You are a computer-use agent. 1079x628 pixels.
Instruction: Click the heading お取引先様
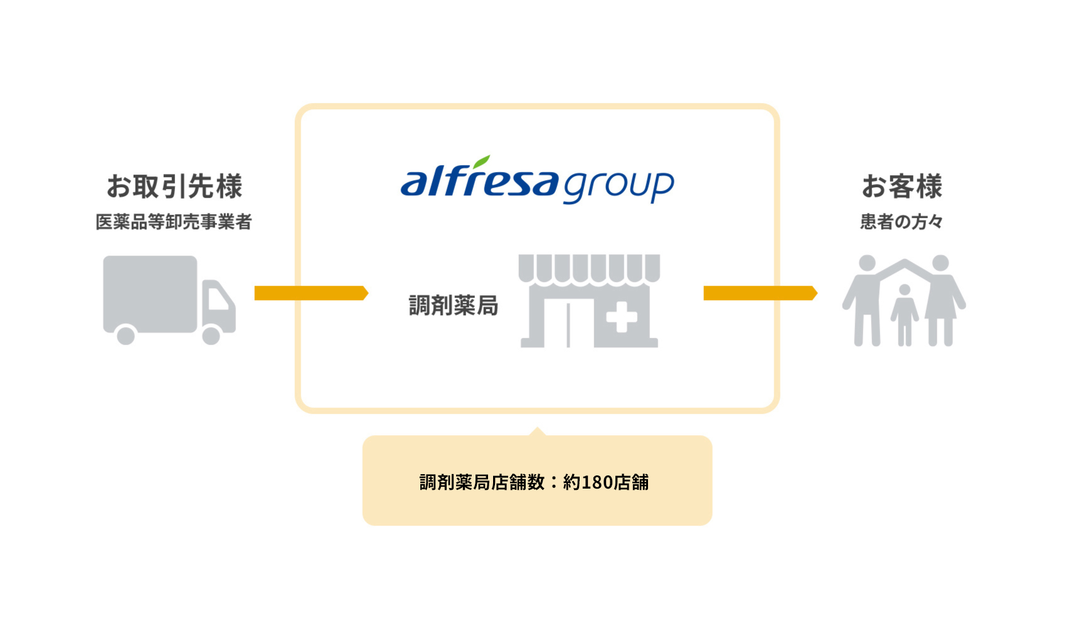[174, 186]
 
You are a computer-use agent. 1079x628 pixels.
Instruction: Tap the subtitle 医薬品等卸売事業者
[173, 222]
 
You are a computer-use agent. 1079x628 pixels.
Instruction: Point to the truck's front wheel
[211, 335]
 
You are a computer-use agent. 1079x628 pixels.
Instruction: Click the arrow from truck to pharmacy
[311, 293]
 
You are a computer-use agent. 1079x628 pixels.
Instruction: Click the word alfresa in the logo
[479, 181]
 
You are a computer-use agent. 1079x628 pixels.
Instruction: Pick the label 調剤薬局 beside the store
[454, 305]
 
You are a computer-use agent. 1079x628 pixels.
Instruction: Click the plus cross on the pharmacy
[621, 317]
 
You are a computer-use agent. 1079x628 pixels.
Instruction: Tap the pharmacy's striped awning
[589, 268]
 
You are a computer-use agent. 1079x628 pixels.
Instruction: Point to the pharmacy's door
[568, 325]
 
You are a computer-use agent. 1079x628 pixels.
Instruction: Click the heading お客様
[901, 186]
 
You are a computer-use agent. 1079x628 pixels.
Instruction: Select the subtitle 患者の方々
[901, 222]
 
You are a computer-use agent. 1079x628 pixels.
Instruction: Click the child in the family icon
[904, 314]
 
